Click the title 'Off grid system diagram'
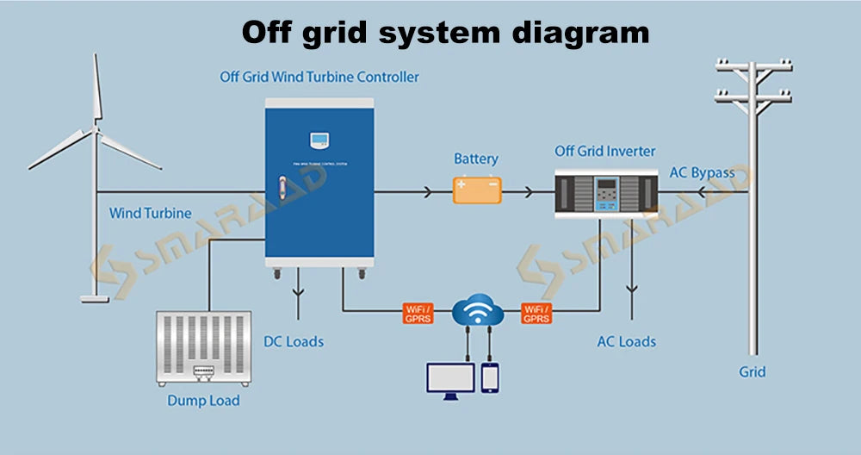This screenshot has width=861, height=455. coord(445,33)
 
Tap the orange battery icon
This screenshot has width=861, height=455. coord(477,190)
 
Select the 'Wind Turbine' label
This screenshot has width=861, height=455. coord(150,213)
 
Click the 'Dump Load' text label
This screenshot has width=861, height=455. coord(203,401)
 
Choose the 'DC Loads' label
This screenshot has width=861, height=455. coord(294,341)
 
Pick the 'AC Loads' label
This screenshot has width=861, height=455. coord(627,341)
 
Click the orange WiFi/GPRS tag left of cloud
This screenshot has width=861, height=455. coord(418,313)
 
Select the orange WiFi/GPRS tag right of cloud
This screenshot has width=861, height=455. coord(536,313)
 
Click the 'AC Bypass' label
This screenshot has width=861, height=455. coord(702,172)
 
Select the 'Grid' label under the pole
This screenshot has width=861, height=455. coord(752,372)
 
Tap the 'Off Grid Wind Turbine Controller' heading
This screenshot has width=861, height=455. coord(319,77)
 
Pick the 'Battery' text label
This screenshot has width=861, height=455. coord(476,159)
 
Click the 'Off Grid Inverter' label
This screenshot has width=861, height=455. coord(604,152)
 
